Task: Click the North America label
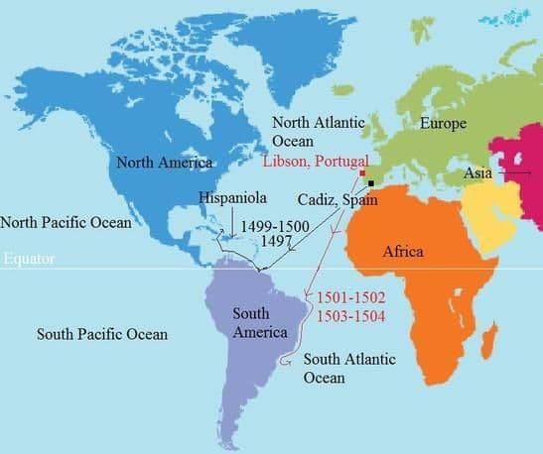(x=165, y=162)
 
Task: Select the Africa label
(x=403, y=252)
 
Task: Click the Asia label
(x=478, y=173)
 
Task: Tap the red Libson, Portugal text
(x=316, y=162)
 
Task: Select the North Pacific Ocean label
(x=66, y=222)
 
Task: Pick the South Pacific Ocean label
(x=101, y=334)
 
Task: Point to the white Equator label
(x=28, y=260)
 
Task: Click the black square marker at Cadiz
(x=370, y=183)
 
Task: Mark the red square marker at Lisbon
(x=362, y=172)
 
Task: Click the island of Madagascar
(x=487, y=343)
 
